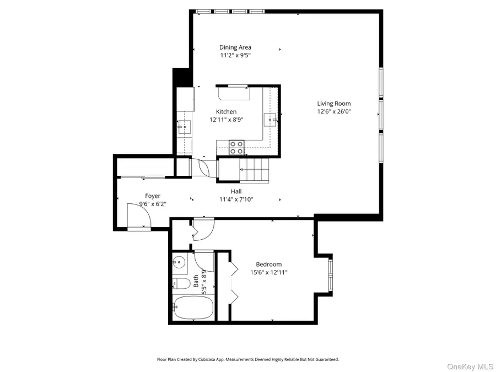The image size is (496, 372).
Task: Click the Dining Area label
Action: tap(235, 47)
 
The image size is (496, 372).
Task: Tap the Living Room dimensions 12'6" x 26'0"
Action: tap(333, 111)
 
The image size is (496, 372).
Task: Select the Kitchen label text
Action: tap(226, 112)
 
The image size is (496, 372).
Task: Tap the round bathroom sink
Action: tap(178, 262)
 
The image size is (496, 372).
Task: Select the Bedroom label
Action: tap(268, 265)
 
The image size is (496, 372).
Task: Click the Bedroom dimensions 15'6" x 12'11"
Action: tap(268, 272)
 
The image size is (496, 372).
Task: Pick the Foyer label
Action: tap(153, 196)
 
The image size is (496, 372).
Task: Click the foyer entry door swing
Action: tap(138, 215)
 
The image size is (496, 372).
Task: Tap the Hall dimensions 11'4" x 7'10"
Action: tap(236, 200)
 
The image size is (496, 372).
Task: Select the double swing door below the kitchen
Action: tap(200, 167)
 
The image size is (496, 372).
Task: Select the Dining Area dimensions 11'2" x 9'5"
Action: tap(235, 55)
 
